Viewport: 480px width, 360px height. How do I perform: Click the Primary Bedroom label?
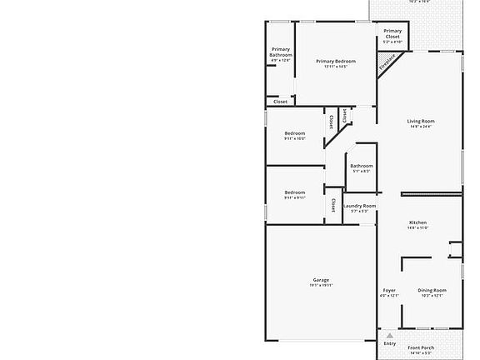[336, 62]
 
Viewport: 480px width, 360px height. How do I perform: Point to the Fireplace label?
[386, 62]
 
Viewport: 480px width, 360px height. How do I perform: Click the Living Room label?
[421, 121]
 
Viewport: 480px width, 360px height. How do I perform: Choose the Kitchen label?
[417, 222]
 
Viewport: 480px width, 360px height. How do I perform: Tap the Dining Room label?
[432, 290]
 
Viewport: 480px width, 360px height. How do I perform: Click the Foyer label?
[389, 290]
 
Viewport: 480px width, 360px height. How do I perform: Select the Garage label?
[321, 280]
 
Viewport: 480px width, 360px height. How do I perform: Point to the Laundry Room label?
[359, 206]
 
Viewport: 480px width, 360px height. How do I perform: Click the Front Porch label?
[421, 347]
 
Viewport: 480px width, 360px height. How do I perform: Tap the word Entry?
[390, 343]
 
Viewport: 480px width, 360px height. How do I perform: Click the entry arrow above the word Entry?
[389, 335]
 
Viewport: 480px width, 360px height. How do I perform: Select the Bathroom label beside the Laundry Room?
[362, 166]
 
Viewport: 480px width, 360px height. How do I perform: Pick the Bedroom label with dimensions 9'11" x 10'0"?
[295, 133]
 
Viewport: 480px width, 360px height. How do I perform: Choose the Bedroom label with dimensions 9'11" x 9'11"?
[295, 192]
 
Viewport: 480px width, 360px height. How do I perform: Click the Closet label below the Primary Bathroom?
[281, 102]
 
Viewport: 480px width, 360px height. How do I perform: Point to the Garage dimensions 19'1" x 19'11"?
[321, 286]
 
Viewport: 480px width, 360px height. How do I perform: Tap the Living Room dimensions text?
[421, 127]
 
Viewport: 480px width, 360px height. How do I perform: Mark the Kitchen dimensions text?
[417, 228]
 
